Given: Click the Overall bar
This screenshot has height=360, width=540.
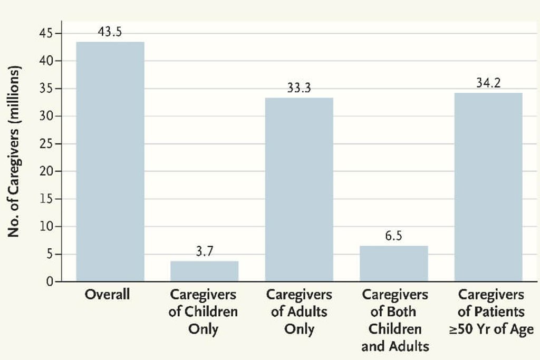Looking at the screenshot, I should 110,161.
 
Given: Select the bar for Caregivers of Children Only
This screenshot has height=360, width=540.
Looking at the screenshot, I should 204,271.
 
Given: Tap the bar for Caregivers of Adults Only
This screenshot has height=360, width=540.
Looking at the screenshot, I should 299,189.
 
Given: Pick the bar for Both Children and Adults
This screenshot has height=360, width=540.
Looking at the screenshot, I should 393,264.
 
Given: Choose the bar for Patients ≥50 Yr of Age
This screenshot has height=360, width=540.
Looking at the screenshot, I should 488,187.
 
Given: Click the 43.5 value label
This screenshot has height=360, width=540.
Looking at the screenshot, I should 110,32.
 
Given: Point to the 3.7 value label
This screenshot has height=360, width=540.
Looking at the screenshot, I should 204,252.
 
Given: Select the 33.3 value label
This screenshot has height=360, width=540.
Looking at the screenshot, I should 299,88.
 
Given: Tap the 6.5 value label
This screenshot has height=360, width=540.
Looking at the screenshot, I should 393,236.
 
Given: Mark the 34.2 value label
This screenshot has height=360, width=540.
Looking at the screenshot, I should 488,83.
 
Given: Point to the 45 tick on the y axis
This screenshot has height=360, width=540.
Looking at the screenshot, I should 46,33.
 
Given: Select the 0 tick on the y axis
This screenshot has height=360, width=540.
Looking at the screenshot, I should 50,282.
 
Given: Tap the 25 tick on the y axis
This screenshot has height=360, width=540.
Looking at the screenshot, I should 46,144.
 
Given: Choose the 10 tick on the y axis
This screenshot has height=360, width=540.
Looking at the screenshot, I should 46,227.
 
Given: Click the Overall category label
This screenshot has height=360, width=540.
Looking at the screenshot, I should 107,294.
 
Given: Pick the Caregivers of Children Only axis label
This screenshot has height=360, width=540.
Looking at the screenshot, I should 203,312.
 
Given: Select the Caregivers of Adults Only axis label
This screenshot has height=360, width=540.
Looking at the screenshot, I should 299,312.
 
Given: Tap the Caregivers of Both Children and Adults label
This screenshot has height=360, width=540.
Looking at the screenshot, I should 395,320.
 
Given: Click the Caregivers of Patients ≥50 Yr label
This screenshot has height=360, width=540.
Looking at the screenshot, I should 490,312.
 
